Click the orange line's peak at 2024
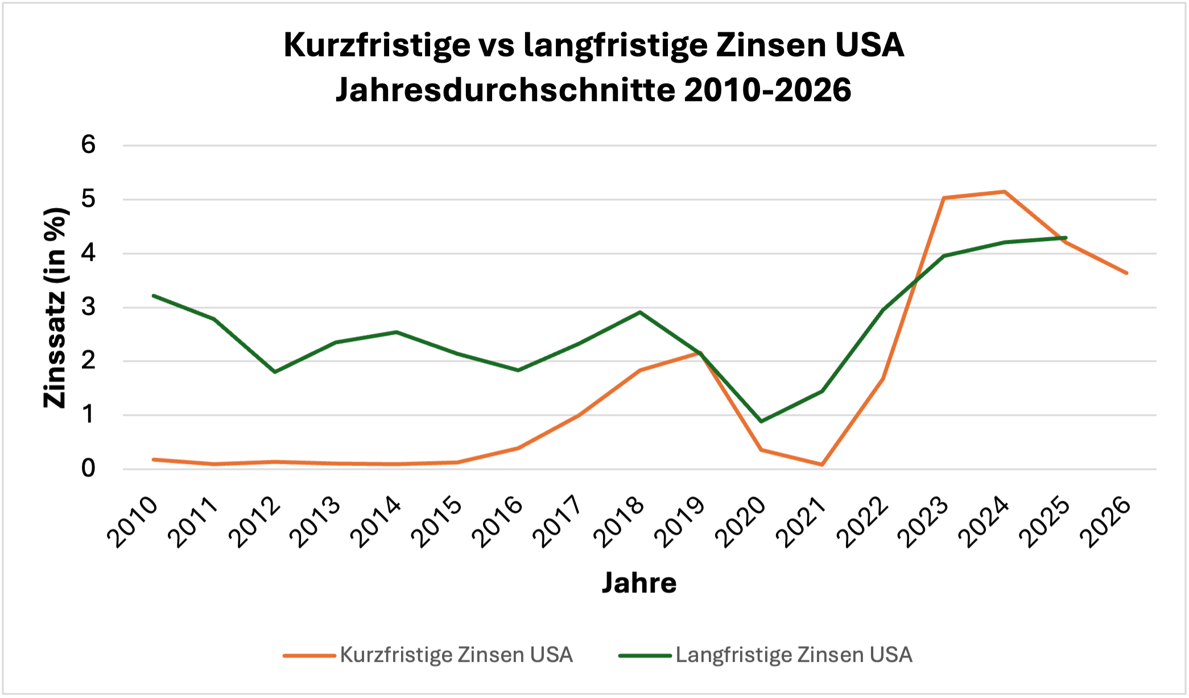click(1005, 192)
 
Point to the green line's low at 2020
click(761, 421)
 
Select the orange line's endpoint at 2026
click(1126, 273)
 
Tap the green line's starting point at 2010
click(154, 296)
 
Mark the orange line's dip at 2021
click(822, 464)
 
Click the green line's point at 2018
click(640, 312)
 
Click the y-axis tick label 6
click(88, 145)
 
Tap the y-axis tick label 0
click(88, 469)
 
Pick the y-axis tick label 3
click(88, 308)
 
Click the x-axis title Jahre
click(639, 583)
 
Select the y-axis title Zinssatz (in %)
click(55, 308)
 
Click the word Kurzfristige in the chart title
click(377, 45)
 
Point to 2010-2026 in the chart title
click(767, 90)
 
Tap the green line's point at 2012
click(275, 372)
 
